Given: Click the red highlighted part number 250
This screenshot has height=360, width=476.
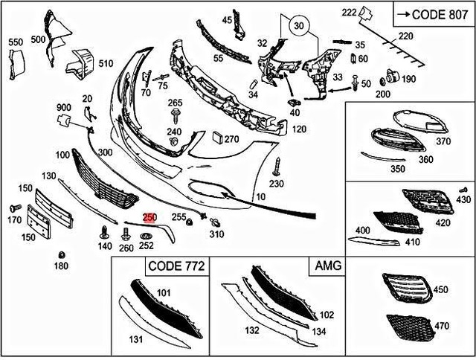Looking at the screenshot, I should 149,217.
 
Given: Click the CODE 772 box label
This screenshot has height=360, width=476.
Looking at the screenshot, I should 176,266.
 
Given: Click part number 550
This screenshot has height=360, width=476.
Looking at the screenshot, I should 16,42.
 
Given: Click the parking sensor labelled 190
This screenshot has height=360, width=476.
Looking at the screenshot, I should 388,77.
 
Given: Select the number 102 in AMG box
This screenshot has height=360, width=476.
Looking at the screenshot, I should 327,315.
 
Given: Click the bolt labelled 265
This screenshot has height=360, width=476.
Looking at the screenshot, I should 176,113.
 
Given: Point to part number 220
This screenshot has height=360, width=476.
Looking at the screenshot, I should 405,36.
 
